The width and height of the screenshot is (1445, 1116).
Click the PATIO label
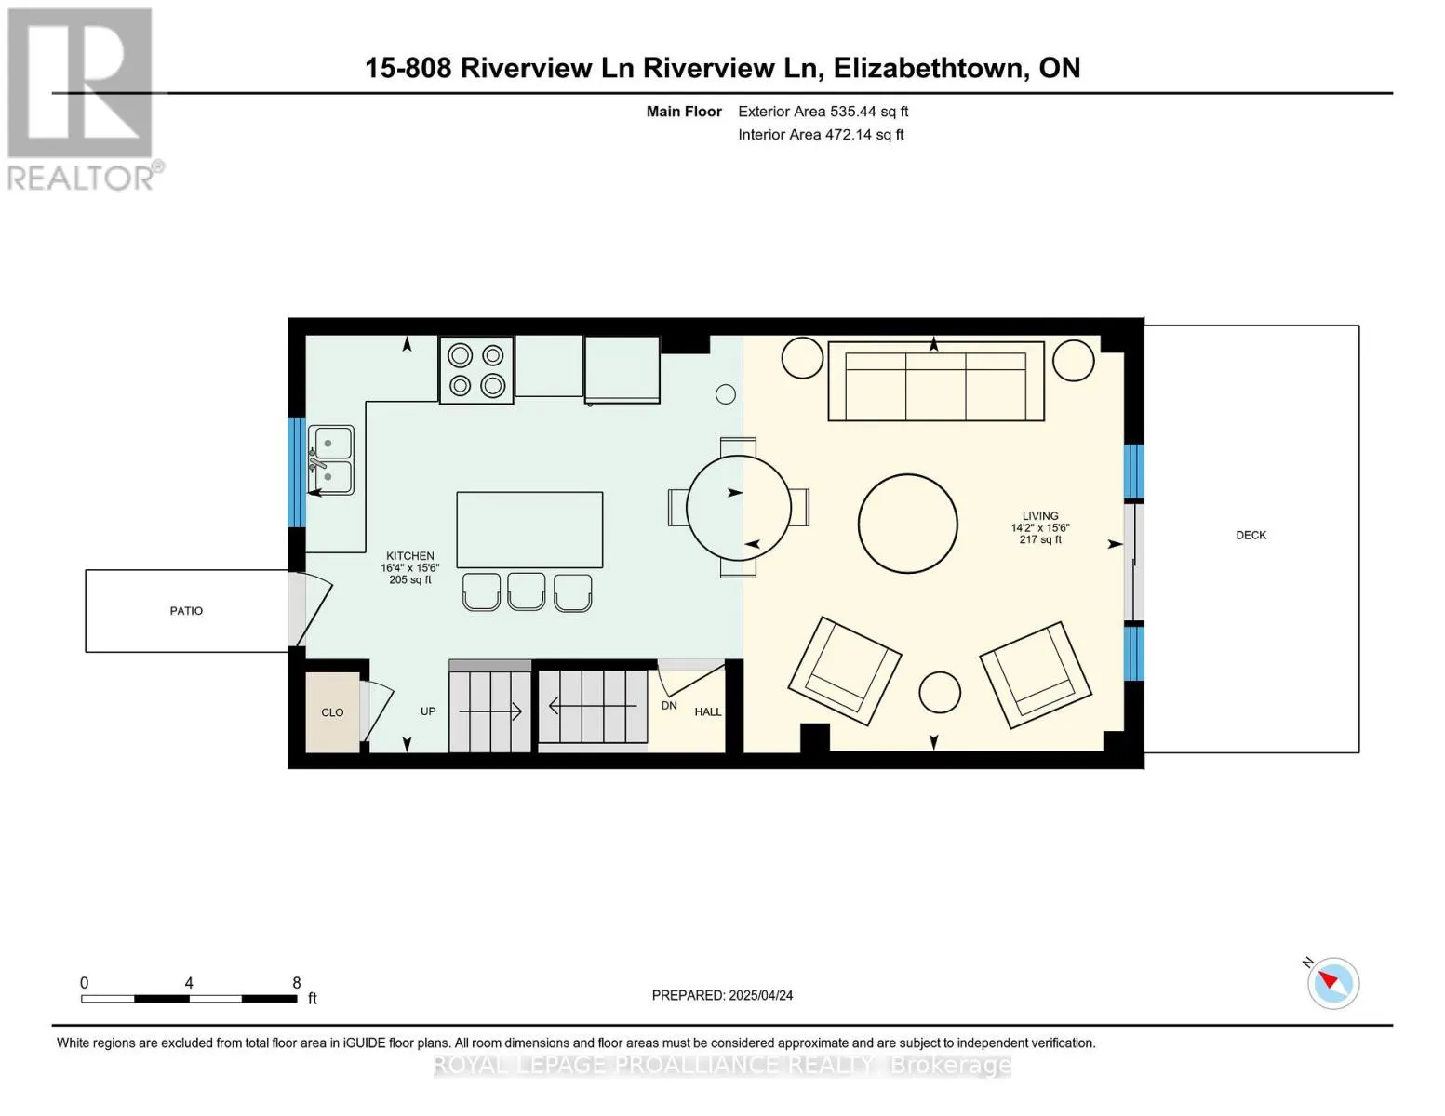point(186,611)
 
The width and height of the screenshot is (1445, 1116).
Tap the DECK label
point(1251,535)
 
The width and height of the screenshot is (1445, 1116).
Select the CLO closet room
point(332,712)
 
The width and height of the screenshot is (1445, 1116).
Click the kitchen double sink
point(331,460)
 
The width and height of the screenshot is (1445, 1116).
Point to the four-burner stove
point(476,370)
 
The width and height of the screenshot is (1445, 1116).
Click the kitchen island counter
point(530,530)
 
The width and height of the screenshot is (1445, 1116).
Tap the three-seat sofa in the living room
point(936,381)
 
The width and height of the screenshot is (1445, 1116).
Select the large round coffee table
point(908,524)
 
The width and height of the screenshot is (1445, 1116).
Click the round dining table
point(739,508)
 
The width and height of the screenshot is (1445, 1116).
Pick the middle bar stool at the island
point(526,591)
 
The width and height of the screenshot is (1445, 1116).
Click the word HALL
point(708,711)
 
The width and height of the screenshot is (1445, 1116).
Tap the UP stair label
point(428,711)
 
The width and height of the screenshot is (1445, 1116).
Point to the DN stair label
point(669,705)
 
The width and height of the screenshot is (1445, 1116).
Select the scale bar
point(189,998)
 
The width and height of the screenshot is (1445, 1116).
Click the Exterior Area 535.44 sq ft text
point(823,112)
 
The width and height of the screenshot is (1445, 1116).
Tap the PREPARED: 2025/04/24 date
point(722,995)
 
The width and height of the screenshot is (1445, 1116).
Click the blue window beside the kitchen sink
point(297,472)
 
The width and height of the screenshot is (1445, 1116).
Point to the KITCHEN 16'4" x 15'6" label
point(410,567)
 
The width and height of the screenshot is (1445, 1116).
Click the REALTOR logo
point(85,100)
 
